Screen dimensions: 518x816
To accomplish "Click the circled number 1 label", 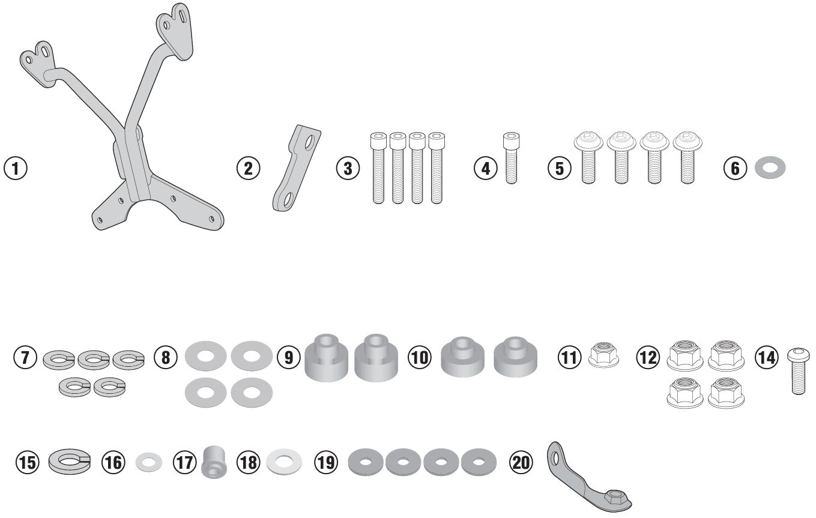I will (15, 167).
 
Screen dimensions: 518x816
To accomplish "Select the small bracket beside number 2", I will (295, 169).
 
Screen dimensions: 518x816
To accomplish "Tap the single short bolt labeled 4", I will (510, 157).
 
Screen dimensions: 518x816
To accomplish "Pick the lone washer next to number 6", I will (770, 167).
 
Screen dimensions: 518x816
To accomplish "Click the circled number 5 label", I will (560, 168).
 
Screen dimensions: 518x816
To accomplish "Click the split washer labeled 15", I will (69, 461).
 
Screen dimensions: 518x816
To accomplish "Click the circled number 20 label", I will (521, 462).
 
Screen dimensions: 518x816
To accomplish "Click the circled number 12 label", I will (648, 358).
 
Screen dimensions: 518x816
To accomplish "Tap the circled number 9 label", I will (289, 358).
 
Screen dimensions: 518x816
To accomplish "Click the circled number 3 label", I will (348, 168).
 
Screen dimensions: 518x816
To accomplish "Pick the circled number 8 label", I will (166, 358).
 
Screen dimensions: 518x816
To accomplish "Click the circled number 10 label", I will (420, 358).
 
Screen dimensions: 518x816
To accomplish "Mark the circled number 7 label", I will (25, 358).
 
